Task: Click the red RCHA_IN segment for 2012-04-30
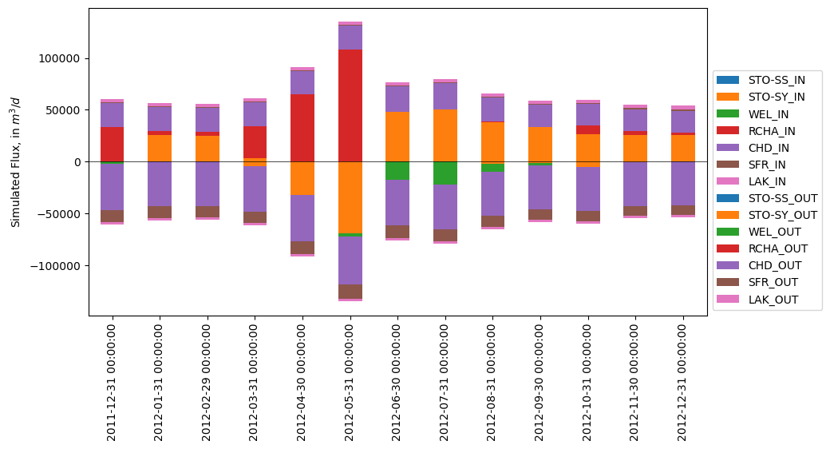pyautogui.click(x=302, y=128)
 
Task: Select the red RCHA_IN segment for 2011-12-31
pyautogui.click(x=112, y=144)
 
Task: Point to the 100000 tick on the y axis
pyautogui.click(x=61, y=59)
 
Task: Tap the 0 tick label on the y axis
pyautogui.click(x=77, y=162)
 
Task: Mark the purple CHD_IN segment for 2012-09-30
pyautogui.click(x=540, y=116)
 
